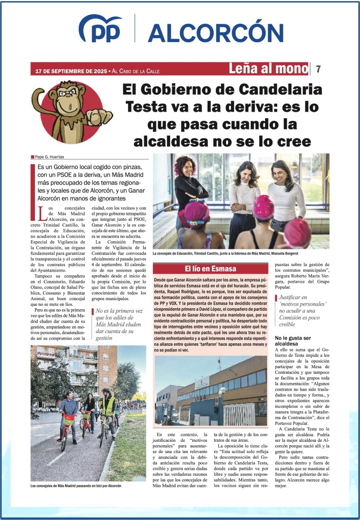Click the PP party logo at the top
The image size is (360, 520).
[x=101, y=29]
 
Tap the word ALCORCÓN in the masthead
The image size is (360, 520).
[x=215, y=33]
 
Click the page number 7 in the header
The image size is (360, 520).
[x=318, y=69]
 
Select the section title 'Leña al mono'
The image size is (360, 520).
[x=269, y=69]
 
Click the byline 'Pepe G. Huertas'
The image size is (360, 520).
[x=51, y=157]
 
